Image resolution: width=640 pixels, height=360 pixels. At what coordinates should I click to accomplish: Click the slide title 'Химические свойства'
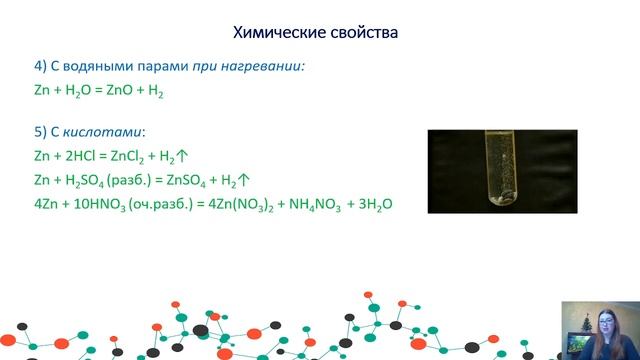tap(315, 33)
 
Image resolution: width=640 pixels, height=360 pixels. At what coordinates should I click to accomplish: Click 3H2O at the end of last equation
tap(371, 204)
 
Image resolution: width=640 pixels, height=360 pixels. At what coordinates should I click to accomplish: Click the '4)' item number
tap(40, 66)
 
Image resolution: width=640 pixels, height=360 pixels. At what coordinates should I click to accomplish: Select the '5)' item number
tap(40, 132)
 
